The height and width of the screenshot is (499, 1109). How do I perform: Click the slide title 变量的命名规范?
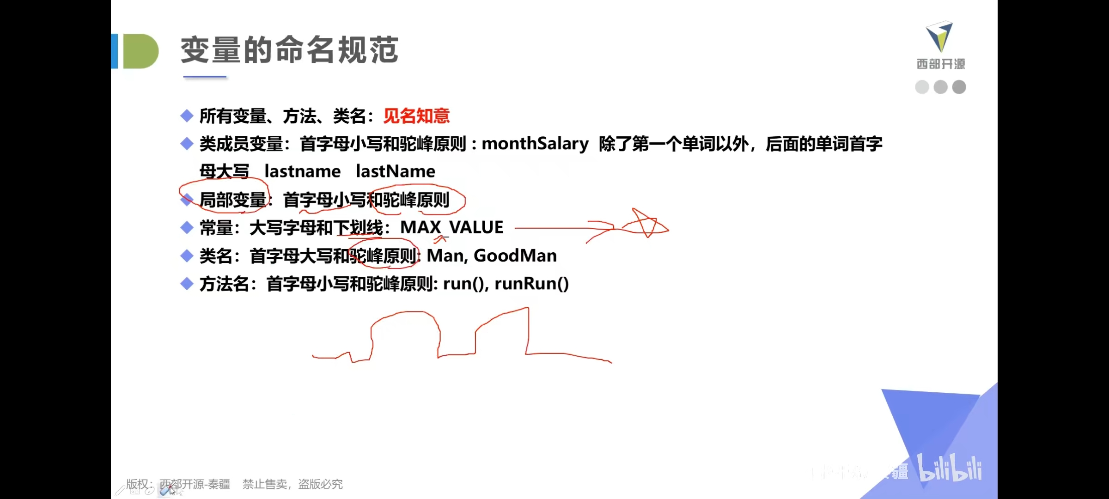[289, 50]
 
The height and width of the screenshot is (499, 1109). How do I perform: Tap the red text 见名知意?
[416, 116]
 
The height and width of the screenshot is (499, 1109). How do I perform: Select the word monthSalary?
[535, 144]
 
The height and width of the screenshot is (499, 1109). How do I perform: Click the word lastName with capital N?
[395, 171]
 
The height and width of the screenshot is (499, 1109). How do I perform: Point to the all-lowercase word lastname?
[302, 171]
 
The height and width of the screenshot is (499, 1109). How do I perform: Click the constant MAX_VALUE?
[451, 227]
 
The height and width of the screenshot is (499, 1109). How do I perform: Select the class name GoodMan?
[515, 256]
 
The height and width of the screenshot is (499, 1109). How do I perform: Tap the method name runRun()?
[531, 284]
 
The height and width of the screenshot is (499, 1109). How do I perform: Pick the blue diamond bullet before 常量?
[187, 227]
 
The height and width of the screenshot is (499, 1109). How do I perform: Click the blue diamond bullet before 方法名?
[187, 284]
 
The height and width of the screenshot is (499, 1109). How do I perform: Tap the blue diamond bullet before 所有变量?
[187, 116]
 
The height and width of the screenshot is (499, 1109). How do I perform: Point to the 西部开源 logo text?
[940, 64]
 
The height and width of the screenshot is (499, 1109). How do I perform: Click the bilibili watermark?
[950, 469]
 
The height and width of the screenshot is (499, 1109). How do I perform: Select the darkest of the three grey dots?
[959, 87]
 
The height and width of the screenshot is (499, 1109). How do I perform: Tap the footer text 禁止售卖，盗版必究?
[292, 484]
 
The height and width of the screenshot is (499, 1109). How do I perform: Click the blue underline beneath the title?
[205, 77]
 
